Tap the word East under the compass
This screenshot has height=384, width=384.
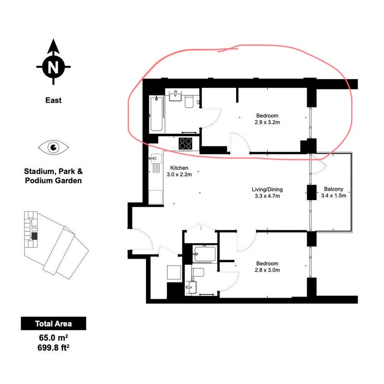coord(53,100)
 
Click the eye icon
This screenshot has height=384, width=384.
coord(53,147)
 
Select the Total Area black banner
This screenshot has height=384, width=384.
coord(53,324)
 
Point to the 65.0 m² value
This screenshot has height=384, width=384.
coord(53,337)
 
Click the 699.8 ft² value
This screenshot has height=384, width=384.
coord(53,348)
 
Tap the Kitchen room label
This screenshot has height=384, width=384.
coord(179,168)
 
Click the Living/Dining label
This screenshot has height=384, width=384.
coord(267,189)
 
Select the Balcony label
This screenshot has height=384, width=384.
coord(334,189)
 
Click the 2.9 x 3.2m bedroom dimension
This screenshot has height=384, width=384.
coord(267,122)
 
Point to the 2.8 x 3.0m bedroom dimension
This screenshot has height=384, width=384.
coord(267,270)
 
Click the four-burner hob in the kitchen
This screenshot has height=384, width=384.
coord(185,144)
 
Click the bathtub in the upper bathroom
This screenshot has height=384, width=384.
coord(156,114)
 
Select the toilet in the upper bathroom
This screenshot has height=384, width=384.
coord(189,101)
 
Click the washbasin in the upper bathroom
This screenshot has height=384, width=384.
coord(175,96)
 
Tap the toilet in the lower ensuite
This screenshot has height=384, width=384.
coord(198,272)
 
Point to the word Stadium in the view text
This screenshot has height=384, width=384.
coord(39,171)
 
